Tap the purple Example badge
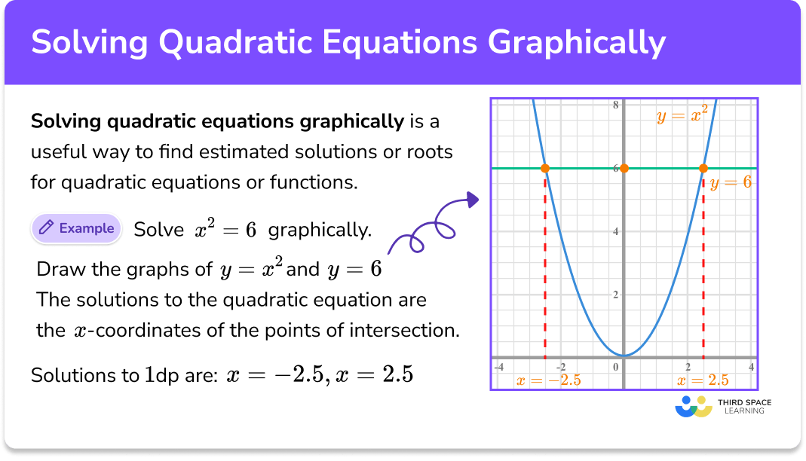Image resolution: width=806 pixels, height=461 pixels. coord(76,228)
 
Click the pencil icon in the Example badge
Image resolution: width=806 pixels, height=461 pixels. coord(46,228)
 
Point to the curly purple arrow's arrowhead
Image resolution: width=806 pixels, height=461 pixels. coord(473,199)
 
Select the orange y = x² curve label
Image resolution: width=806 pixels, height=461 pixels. coord(681,117)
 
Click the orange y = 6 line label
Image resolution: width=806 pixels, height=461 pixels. coord(731,182)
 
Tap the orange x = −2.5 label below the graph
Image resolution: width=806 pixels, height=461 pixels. coord(548,380)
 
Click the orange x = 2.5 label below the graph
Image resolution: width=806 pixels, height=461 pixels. coord(707,380)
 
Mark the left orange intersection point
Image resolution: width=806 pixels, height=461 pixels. coord(544,168)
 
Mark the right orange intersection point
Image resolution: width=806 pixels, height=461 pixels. coord(703,168)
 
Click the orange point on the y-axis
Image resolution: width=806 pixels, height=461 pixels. coord(624,168)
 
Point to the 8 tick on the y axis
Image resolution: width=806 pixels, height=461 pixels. coord(615,105)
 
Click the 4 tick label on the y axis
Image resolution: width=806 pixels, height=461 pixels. coord(615,231)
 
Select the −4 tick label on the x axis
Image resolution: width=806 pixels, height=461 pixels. coord(498,367)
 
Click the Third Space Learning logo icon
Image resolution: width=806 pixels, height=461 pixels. coord(694,407)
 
